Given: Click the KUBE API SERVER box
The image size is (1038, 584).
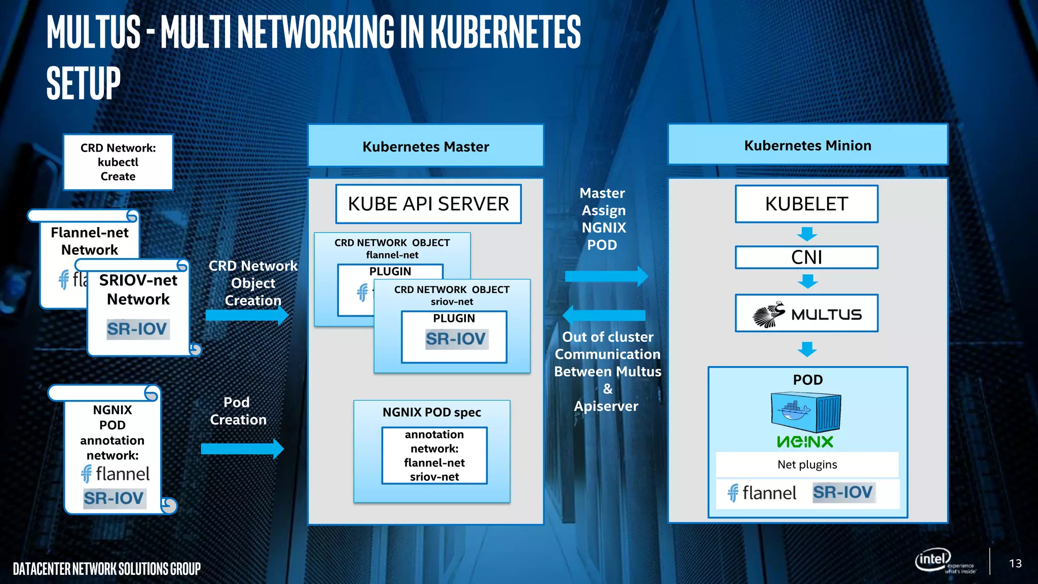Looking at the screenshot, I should pos(428,204).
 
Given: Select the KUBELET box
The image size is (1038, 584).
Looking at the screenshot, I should pos(806,204).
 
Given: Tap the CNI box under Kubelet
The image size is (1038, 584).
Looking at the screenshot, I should pos(806,257).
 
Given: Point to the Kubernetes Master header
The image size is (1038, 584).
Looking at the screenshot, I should pos(426,146).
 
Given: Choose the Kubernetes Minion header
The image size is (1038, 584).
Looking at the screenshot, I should pos(807,145).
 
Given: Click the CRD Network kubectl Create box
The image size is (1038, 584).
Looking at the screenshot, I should pos(118,162).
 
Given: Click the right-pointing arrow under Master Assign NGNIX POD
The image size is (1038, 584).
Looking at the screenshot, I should pos(606,276).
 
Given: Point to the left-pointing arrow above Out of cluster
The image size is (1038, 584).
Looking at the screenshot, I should pos(604,315).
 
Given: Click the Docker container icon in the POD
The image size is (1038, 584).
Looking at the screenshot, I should pos(806,412).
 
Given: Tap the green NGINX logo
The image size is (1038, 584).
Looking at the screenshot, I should pos(805,442).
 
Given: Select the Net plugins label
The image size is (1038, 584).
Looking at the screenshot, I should pos(807,464).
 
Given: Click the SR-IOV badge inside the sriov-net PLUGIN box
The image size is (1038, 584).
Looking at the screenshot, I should pos(456,339).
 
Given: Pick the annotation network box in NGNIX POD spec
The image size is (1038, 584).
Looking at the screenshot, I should pos(434,455).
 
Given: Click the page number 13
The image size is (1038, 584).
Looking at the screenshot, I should pos(1015,563).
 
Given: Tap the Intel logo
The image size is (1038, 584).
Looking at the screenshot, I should pos(933,560).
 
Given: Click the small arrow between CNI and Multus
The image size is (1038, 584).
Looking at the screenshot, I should pos(807,281).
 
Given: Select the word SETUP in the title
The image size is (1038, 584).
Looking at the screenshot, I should pos(84,83).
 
